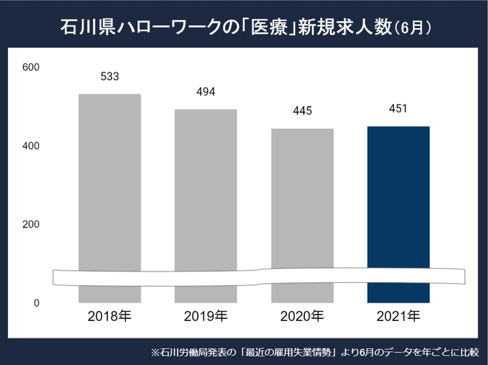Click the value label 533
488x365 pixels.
(109, 76)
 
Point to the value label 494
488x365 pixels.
(206, 92)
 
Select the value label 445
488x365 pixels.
(302, 111)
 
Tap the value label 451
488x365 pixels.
(398, 108)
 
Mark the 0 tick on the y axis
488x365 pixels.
(36, 303)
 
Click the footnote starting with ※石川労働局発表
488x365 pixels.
(316, 352)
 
